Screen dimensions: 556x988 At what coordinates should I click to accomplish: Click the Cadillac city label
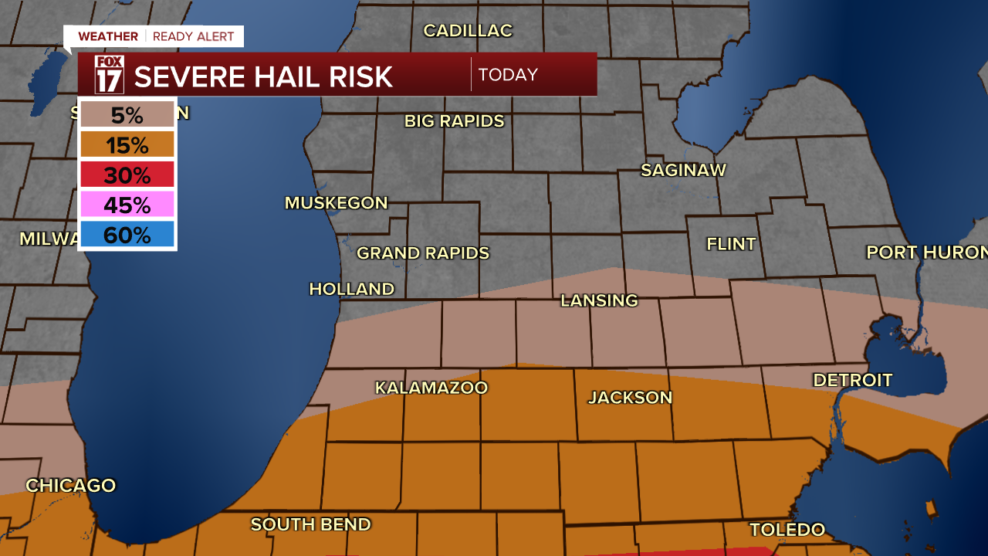click(468, 31)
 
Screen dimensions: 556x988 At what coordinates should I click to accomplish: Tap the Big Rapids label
click(454, 121)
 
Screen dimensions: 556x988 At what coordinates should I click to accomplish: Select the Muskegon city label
click(336, 203)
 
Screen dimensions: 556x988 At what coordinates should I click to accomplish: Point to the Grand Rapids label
click(423, 253)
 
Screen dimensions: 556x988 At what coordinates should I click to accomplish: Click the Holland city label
click(351, 289)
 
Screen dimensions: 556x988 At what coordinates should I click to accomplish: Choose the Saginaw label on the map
click(683, 171)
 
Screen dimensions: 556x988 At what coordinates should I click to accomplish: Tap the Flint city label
click(731, 244)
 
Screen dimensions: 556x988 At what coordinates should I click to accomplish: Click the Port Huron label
click(926, 253)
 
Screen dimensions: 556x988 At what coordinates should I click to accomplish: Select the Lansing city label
click(599, 300)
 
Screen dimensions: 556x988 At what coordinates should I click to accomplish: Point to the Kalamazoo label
click(431, 388)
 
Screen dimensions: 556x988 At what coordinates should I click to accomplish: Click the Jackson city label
click(630, 398)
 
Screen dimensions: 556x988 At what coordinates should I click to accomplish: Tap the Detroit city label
click(852, 380)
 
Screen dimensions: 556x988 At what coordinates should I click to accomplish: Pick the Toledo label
click(787, 530)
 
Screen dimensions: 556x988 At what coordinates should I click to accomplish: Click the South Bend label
click(310, 525)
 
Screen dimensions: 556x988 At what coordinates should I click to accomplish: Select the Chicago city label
click(70, 486)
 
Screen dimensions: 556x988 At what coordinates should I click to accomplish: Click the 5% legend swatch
click(127, 115)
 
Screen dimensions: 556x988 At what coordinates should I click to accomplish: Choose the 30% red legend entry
click(127, 175)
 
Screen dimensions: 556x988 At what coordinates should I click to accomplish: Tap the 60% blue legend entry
click(127, 235)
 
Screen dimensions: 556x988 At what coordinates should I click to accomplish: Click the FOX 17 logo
click(109, 74)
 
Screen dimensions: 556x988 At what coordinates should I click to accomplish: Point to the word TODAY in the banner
click(508, 75)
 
